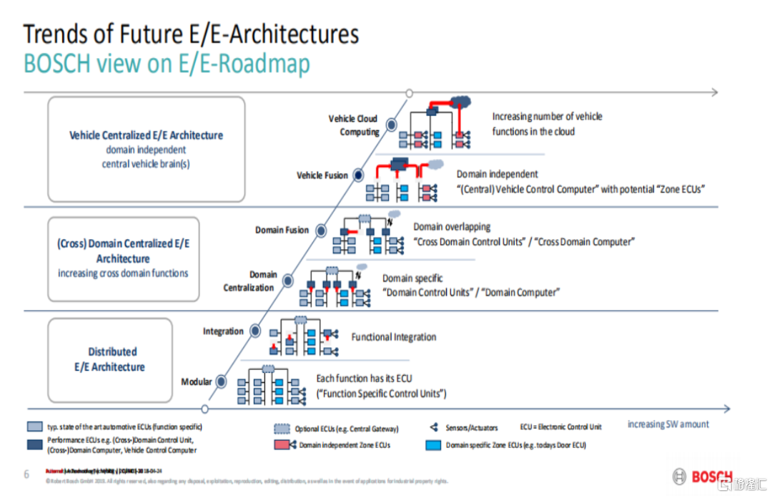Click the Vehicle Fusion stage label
tap(322, 175)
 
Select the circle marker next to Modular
tap(222, 381)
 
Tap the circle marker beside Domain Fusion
tap(321, 230)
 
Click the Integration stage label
tap(223, 331)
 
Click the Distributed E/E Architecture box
tap(110, 359)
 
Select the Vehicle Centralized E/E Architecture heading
tap(146, 135)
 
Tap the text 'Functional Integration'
tap(393, 337)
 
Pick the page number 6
tap(26, 474)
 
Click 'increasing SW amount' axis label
tap(668, 424)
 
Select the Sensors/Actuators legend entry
tap(468, 427)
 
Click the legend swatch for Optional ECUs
tap(282, 429)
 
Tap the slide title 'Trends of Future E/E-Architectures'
tap(191, 34)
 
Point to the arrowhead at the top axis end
tap(713, 92)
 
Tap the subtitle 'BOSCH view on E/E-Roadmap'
tap(167, 64)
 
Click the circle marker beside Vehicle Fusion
tap(359, 175)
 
